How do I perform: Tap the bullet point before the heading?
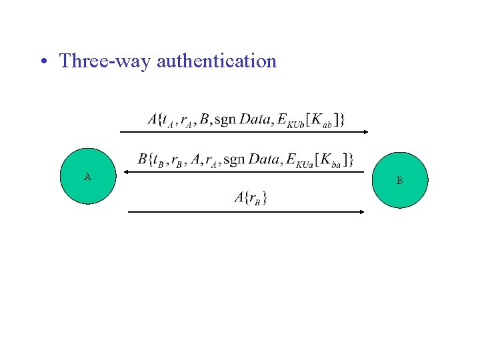[43, 62]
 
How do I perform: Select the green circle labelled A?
[88, 177]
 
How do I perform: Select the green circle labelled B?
[399, 180]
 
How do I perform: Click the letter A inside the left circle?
[87, 177]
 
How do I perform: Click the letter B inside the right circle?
[399, 181]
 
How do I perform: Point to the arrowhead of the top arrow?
[365, 133]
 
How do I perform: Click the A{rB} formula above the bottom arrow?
[251, 197]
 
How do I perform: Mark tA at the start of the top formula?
[169, 121]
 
